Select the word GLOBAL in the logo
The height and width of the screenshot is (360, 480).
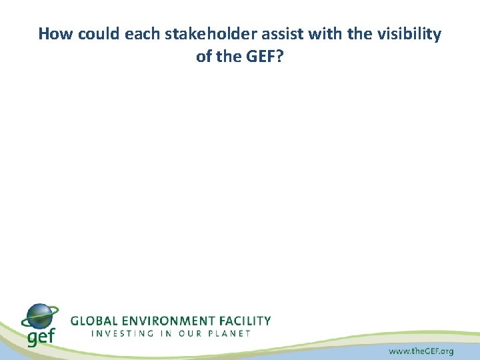[x=93, y=321]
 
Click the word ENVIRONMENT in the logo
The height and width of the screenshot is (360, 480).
[x=169, y=321]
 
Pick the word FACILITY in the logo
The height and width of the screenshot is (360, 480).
[x=247, y=321]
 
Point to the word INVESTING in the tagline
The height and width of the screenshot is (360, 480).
[x=121, y=333]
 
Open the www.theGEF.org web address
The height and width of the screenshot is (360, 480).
[x=420, y=351]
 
